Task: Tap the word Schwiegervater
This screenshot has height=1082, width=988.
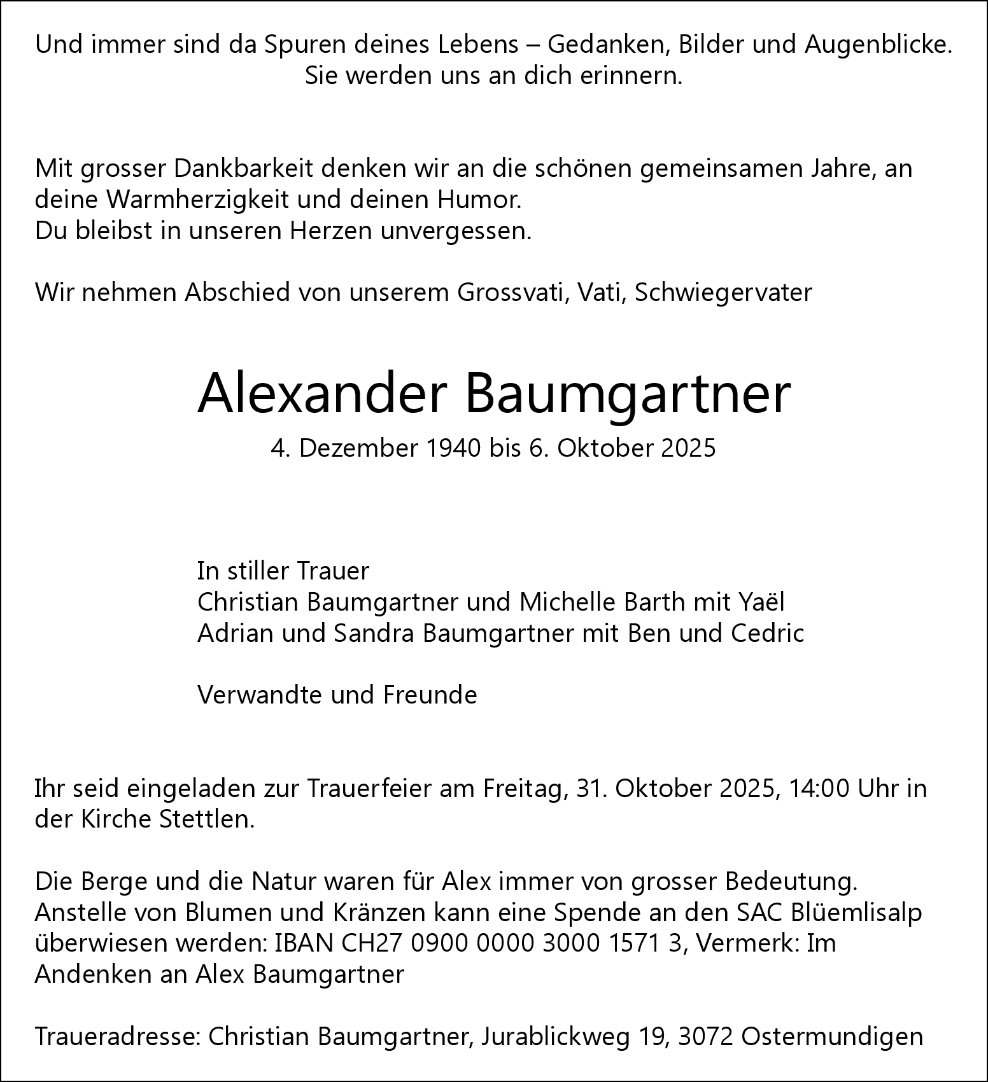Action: click(723, 293)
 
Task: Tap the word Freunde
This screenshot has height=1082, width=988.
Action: click(430, 695)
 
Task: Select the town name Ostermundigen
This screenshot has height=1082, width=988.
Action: click(832, 1037)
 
